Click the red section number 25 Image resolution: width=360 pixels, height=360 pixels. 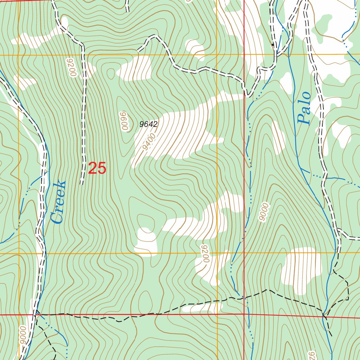tap(97, 168)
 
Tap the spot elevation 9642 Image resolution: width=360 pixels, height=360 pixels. tap(148, 124)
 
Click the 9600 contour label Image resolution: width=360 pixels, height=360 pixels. tap(124, 121)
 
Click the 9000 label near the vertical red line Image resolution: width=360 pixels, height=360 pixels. tap(264, 212)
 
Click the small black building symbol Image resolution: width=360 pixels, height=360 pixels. tap(273, 45)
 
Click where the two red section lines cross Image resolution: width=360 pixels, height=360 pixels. tap(244, 314)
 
